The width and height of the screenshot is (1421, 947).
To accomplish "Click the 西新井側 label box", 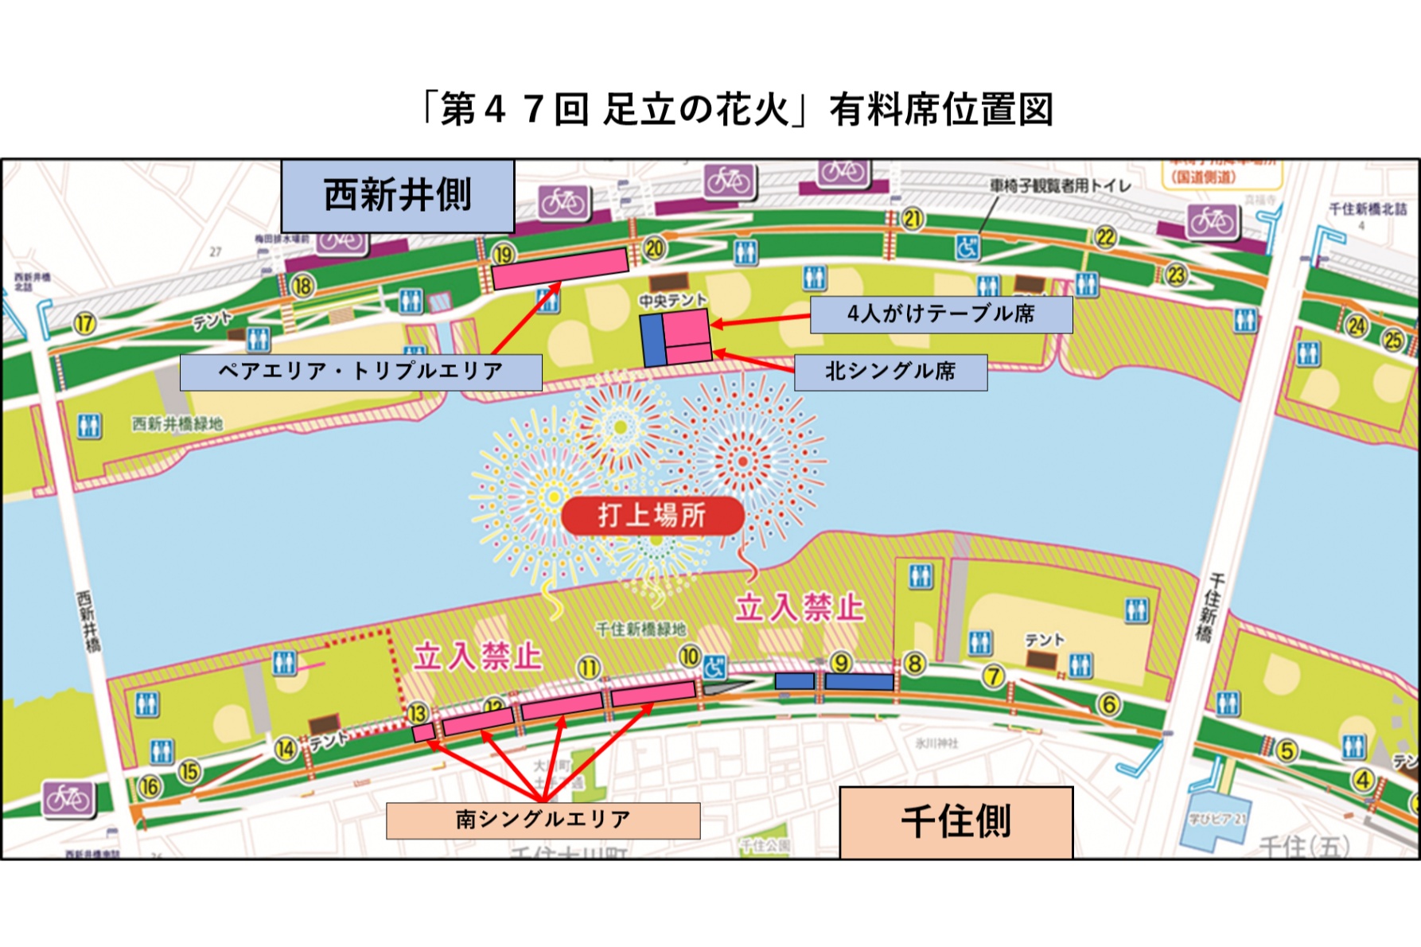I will (397, 196).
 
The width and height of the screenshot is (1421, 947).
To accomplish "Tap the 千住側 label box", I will (956, 822).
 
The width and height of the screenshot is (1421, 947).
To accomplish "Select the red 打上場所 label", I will (652, 515).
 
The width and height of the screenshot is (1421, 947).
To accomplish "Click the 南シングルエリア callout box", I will (543, 820).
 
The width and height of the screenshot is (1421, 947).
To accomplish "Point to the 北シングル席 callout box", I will (890, 372).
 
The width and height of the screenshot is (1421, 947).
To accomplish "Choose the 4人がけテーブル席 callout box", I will (940, 314).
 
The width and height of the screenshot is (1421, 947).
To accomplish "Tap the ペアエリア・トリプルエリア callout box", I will (360, 372).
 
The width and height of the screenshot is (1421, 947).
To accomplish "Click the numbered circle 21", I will (912, 219).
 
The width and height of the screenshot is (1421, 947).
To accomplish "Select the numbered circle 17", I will (84, 324).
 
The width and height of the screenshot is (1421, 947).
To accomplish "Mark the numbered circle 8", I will (915, 663).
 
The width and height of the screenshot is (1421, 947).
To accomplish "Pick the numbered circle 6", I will (1108, 703).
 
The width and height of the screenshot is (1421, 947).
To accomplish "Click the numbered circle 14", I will (286, 748).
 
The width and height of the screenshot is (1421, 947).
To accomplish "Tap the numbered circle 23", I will (1175, 275).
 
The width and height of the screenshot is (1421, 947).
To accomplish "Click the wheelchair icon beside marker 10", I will (714, 667).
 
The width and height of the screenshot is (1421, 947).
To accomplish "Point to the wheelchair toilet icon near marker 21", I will (967, 247).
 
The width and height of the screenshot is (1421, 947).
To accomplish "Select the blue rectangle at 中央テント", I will (652, 340).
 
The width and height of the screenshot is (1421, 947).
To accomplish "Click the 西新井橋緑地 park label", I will (177, 423).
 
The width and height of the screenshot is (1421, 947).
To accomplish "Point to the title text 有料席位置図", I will (941, 110).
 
